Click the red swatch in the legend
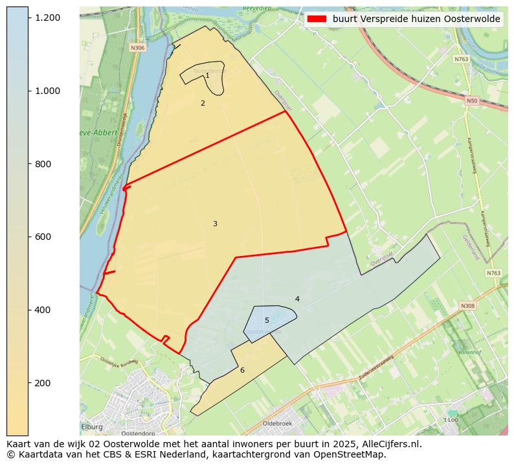pyautogui.click(x=317, y=19)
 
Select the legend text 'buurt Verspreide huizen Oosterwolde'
pyautogui.click(x=416, y=19)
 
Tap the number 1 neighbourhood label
pyautogui.click(x=207, y=76)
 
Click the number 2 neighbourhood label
pyautogui.click(x=203, y=103)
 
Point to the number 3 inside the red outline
pyautogui.click(x=215, y=224)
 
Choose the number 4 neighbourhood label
pyautogui.click(x=297, y=299)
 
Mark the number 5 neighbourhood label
pyautogui.click(x=267, y=320)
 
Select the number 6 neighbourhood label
pyautogui.click(x=242, y=370)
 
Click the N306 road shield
pyautogui.click(x=137, y=48)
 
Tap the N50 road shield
pyautogui.click(x=471, y=100)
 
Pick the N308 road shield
pyautogui.click(x=467, y=305)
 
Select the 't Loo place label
pyautogui.click(x=451, y=420)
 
